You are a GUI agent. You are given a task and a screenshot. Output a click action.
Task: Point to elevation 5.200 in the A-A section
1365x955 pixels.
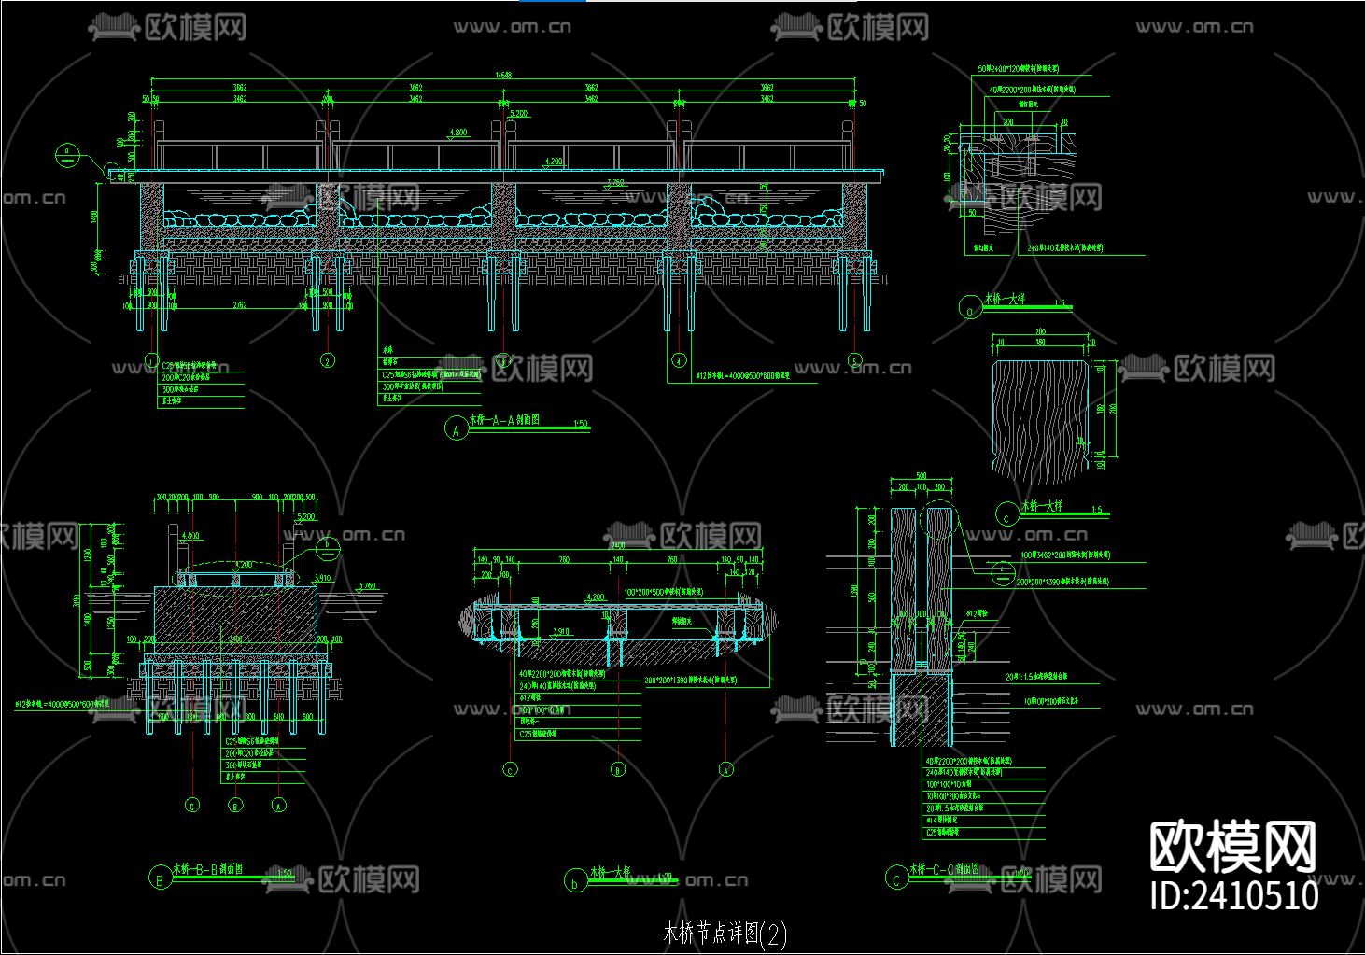coord(519,113)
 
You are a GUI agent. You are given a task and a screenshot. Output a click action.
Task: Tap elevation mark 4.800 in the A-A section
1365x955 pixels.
coord(457,133)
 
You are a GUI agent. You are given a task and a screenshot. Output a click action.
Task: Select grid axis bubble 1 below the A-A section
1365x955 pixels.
coord(152,360)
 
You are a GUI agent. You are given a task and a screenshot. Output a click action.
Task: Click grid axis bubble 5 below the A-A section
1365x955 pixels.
coord(855,360)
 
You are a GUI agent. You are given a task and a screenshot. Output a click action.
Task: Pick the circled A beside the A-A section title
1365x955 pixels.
coord(456,429)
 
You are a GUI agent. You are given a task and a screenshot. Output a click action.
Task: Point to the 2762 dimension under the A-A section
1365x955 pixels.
coord(239,305)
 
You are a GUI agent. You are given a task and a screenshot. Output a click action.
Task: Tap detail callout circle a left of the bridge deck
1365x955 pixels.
coord(67,154)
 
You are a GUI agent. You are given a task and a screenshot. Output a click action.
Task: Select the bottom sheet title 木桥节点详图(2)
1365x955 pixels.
coord(725,933)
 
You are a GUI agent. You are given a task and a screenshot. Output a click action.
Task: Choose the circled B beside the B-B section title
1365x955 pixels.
coord(160,878)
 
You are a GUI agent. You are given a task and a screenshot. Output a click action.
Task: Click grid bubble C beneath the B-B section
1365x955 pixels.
coord(191,804)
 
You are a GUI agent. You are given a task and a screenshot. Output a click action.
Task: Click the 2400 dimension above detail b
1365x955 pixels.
coord(617,544)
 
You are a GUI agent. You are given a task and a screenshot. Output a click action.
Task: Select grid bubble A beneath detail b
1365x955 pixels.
coord(725,770)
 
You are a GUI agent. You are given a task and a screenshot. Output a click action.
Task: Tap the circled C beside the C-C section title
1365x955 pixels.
coord(896,878)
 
